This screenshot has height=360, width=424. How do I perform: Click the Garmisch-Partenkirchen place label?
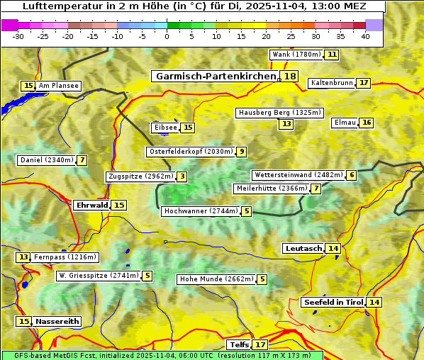click(x=215, y=77)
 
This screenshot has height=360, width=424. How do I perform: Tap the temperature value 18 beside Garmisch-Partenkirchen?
click(x=289, y=77)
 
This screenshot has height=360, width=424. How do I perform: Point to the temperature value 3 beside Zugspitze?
click(x=182, y=176)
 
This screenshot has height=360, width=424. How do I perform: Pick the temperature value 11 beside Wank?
click(x=332, y=55)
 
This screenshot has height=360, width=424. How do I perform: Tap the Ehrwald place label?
click(x=91, y=205)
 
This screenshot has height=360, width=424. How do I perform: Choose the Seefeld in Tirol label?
click(x=333, y=303)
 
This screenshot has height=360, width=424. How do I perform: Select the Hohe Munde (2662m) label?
click(x=216, y=279)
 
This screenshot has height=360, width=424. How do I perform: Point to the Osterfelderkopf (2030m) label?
click(x=190, y=152)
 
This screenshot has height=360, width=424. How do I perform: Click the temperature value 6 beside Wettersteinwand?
click(x=352, y=175)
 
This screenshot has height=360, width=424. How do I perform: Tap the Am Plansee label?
click(x=58, y=86)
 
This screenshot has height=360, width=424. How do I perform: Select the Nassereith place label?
click(x=57, y=321)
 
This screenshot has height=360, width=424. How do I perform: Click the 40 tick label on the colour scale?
click(x=365, y=37)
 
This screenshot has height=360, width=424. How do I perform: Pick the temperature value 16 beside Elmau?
click(x=366, y=123)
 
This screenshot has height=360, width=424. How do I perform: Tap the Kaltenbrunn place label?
click(x=331, y=83)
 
